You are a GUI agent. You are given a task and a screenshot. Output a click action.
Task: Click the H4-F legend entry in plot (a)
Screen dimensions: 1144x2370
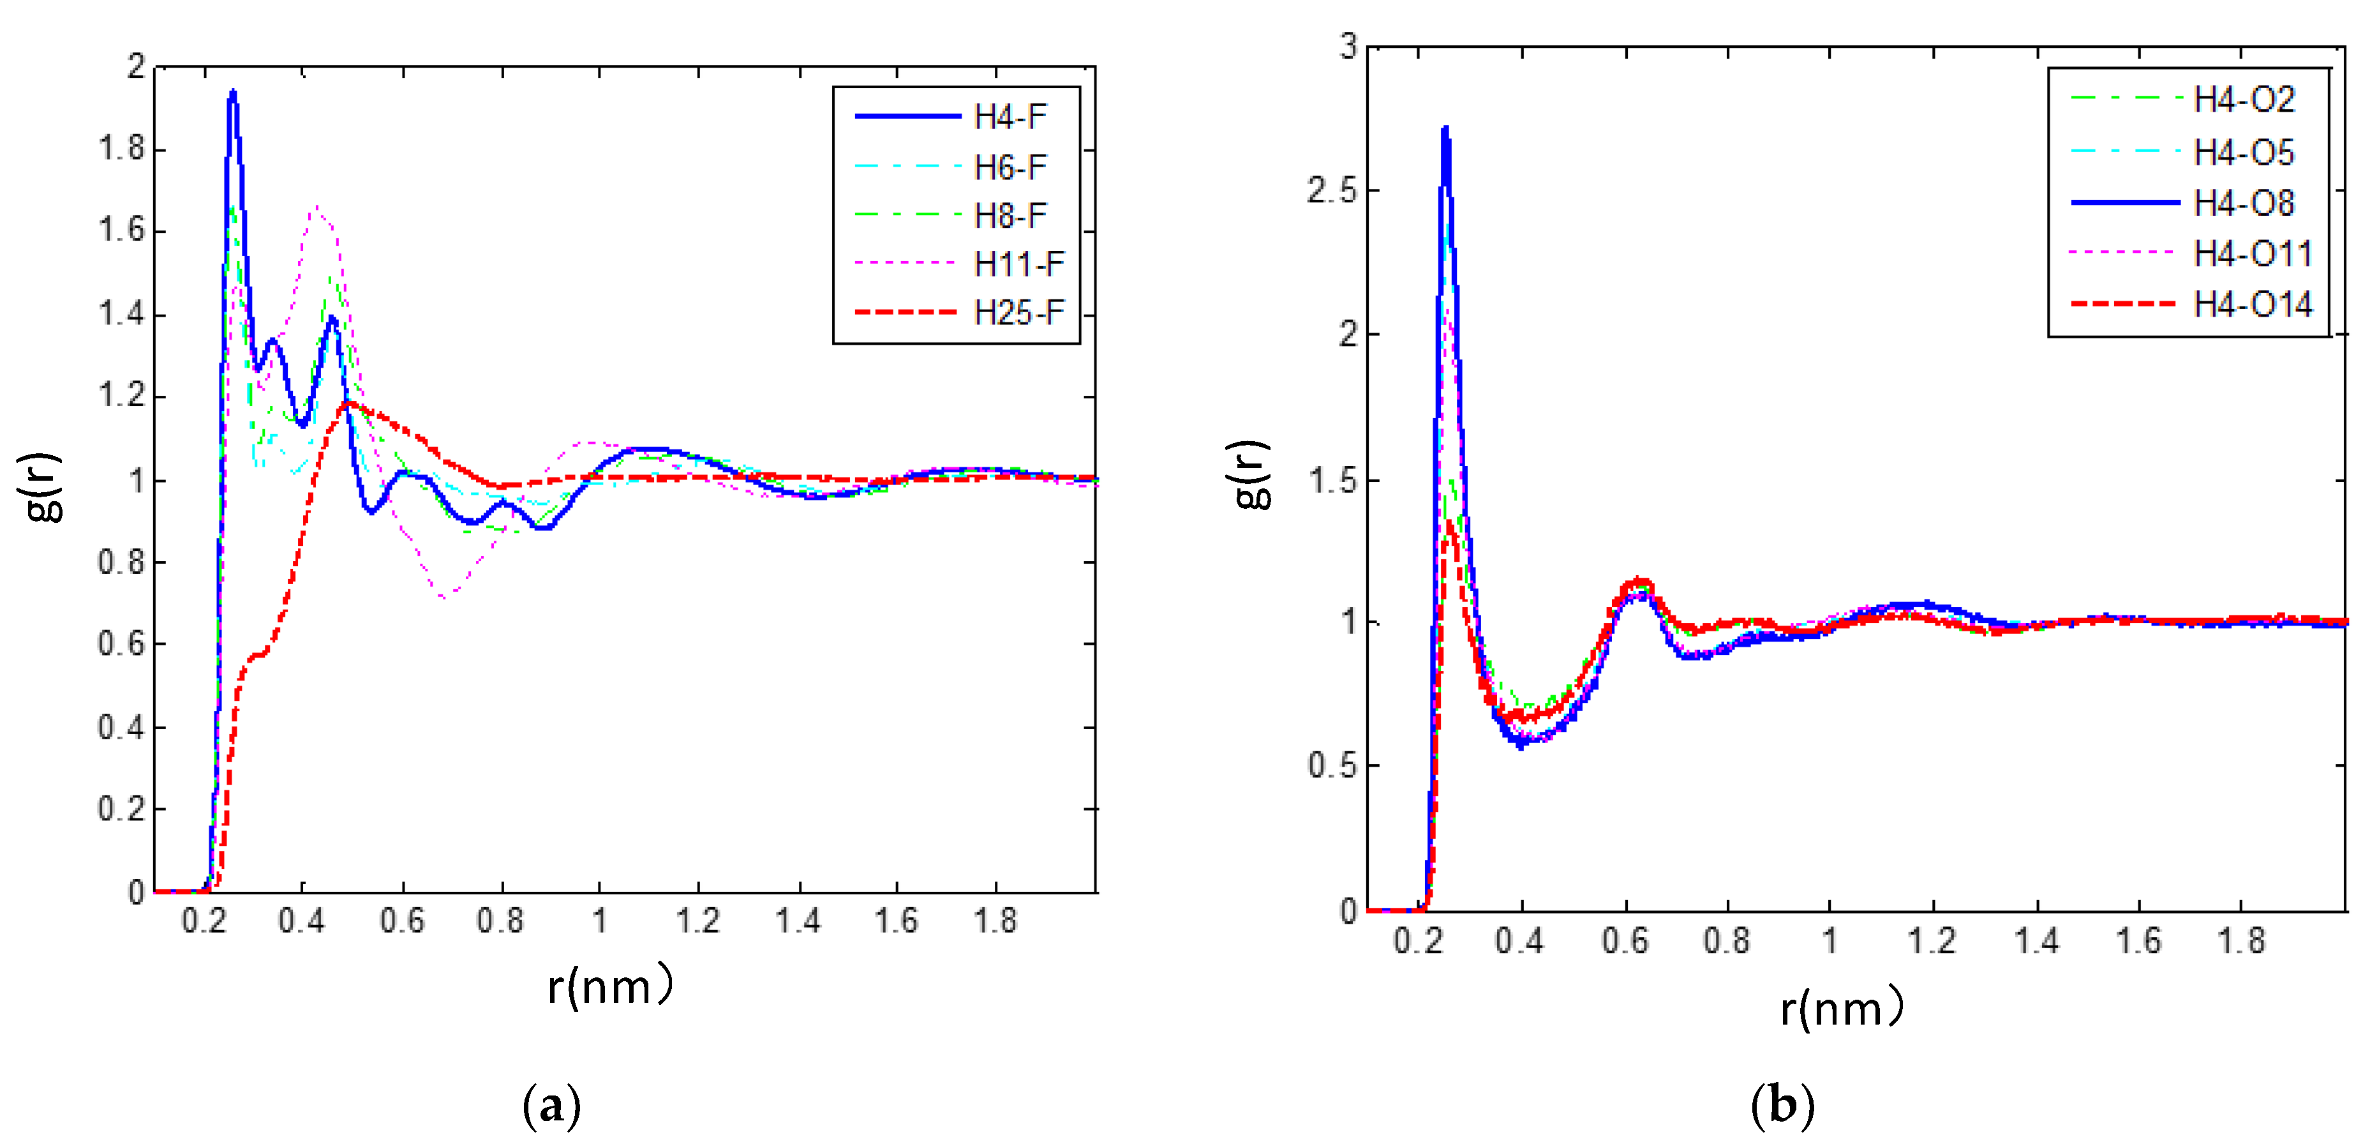point(1010,117)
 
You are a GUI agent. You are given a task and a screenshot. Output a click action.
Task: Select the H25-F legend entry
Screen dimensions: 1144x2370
point(1018,313)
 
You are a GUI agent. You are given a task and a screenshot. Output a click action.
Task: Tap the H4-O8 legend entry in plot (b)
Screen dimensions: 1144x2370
point(2243,202)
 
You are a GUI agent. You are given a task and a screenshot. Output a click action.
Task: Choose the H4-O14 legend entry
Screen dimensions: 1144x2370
point(2251,304)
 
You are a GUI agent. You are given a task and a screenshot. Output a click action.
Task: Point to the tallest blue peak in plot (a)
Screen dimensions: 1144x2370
point(233,92)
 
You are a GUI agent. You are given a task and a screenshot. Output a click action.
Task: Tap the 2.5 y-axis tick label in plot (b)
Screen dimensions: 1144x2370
point(1330,190)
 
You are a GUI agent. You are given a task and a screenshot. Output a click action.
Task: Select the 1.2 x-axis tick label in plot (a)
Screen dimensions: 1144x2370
point(697,921)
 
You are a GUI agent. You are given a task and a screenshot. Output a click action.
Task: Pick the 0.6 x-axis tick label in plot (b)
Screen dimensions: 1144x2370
point(1625,940)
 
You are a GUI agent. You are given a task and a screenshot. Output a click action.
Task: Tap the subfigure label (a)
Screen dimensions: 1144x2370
point(552,1104)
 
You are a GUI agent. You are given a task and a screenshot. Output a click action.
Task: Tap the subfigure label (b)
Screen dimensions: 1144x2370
point(1782,1104)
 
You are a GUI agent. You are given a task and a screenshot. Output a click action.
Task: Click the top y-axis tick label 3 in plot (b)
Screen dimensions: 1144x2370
point(1348,46)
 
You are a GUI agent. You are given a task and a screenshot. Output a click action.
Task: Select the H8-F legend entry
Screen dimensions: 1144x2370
point(1010,215)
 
